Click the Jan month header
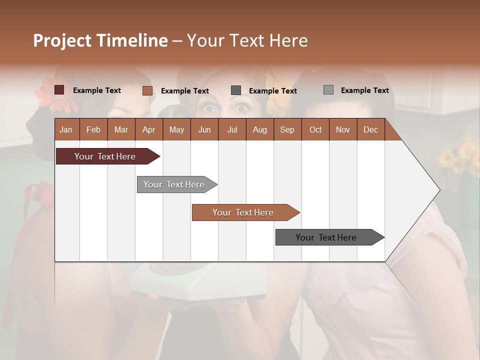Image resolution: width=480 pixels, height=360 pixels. [66, 129]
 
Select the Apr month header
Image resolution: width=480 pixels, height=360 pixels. [149, 129]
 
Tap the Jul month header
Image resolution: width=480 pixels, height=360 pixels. [232, 129]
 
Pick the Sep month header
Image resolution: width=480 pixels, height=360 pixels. [287, 129]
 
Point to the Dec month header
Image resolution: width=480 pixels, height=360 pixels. [370, 129]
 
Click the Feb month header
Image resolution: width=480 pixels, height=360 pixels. [93, 129]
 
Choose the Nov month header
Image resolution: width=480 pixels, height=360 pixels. [343, 129]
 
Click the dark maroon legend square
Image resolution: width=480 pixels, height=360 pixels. [59, 90]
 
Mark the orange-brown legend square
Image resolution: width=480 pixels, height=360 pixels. [147, 90]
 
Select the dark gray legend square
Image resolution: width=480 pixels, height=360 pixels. [236, 90]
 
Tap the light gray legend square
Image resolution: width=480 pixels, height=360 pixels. [328, 90]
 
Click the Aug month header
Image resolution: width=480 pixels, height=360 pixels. [260, 129]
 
